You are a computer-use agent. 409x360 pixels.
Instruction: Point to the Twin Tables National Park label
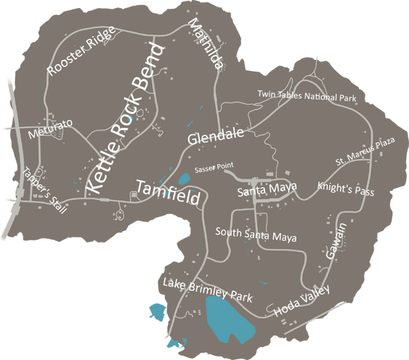307,95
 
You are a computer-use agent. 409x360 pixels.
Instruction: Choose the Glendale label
215,138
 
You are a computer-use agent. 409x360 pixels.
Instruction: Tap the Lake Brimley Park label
208,290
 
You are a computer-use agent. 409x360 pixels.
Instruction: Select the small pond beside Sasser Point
184,180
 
